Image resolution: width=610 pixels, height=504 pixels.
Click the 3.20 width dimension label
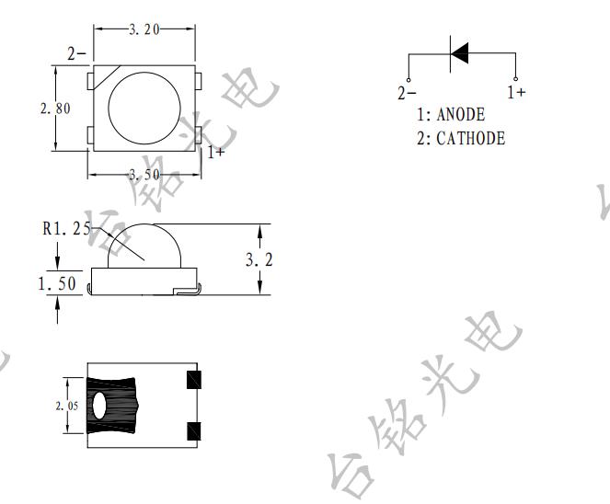pos(144,29)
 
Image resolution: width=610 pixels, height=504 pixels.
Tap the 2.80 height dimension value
pos(55,109)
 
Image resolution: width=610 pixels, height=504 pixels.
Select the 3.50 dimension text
pos(144,175)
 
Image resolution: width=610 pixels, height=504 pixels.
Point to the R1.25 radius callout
pos(66,229)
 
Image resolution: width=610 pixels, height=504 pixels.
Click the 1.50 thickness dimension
pos(57,283)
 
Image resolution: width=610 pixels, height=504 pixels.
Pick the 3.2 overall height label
pos(259,259)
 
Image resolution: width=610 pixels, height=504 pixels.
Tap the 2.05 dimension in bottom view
pos(67,406)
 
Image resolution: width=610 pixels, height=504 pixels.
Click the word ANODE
pos(461,114)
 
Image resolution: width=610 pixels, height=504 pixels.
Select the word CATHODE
pos(471,139)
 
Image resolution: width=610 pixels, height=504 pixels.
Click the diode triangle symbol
pos(460,52)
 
